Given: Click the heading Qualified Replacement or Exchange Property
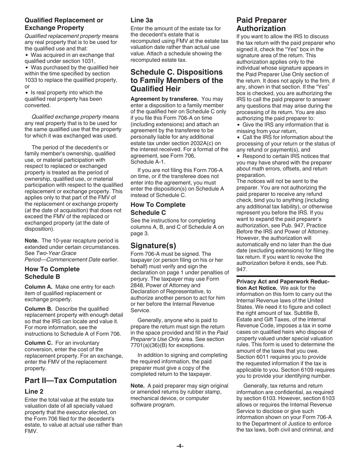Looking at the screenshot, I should [x=64, y=24].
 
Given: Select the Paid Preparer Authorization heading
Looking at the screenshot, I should [x=261, y=24].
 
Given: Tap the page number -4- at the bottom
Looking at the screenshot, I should [x=180, y=446].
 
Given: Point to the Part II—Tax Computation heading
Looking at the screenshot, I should [x=70, y=380].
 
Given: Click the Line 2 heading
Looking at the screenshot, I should [x=34, y=391].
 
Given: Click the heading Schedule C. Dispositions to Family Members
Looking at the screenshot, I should [x=177, y=80].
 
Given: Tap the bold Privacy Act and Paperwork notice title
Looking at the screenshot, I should [x=282, y=285].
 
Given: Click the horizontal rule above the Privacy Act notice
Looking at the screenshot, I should [x=285, y=277].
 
